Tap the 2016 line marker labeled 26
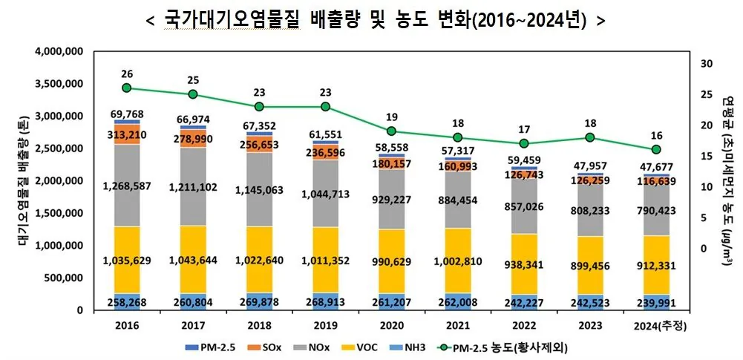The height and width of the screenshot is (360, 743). (127, 88)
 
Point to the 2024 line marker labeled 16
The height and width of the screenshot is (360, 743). (656, 150)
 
